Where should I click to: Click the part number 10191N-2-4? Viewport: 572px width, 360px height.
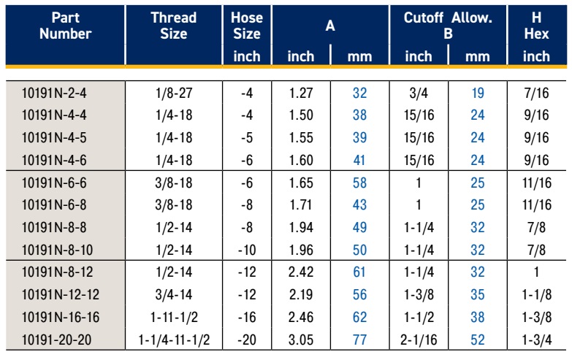[54, 93]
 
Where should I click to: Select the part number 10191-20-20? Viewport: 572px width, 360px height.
[56, 340]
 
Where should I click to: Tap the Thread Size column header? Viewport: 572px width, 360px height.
[174, 26]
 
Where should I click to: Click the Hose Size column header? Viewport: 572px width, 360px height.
[247, 26]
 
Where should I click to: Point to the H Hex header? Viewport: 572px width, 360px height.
[536, 26]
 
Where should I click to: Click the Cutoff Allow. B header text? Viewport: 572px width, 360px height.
[448, 26]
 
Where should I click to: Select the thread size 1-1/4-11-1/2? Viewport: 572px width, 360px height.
[174, 340]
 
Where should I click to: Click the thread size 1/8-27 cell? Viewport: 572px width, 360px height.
[174, 93]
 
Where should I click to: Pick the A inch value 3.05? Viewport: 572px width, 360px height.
[301, 340]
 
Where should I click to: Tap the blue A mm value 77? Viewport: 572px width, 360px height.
[359, 340]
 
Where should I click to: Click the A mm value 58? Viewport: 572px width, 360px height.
[359, 183]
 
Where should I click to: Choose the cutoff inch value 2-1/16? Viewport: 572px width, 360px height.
[419, 340]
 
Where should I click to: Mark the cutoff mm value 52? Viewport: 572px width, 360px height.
[478, 340]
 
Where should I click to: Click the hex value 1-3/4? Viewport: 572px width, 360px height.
[537, 340]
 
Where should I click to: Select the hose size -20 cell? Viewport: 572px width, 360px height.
[247, 340]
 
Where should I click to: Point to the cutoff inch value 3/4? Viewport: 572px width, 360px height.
[419, 93]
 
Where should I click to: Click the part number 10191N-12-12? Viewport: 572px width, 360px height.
[60, 294]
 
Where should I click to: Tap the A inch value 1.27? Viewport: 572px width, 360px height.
[301, 93]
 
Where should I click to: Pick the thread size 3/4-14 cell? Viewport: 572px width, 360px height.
[174, 294]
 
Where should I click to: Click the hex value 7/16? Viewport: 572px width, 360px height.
[536, 93]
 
